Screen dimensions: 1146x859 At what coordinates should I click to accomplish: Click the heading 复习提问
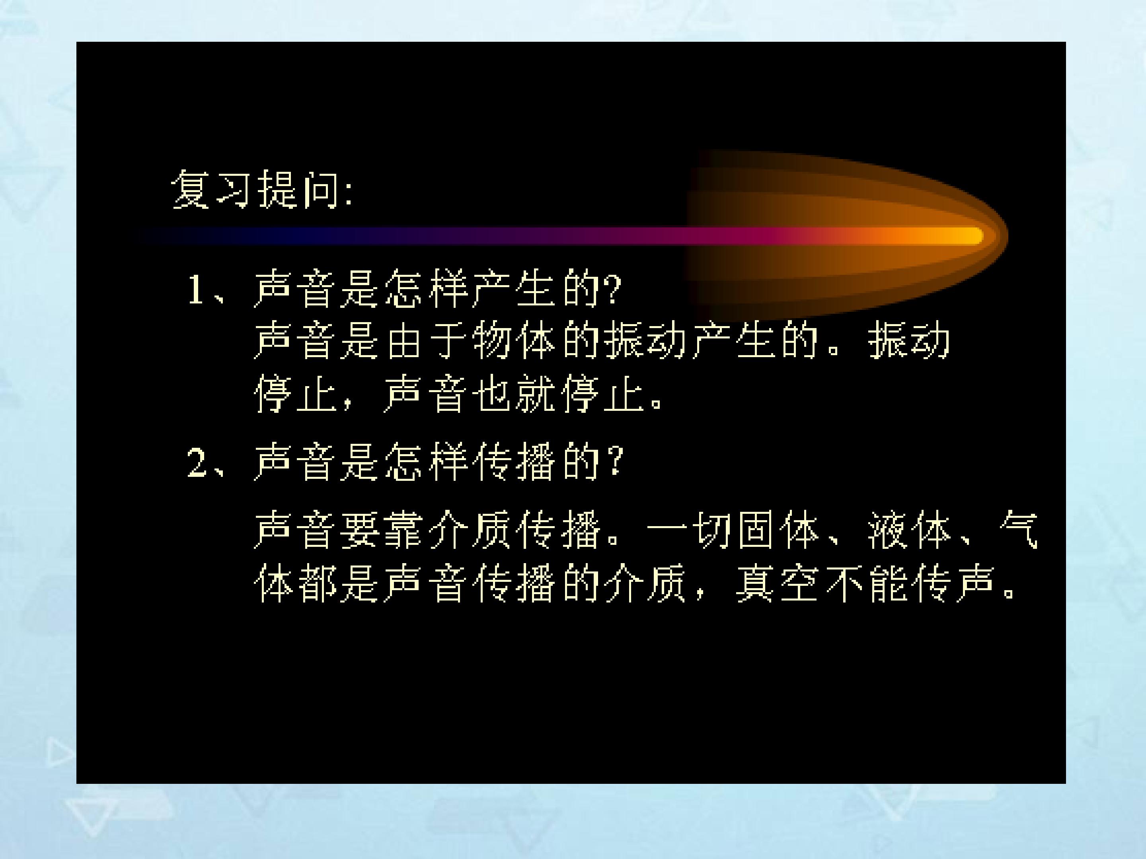(255, 189)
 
